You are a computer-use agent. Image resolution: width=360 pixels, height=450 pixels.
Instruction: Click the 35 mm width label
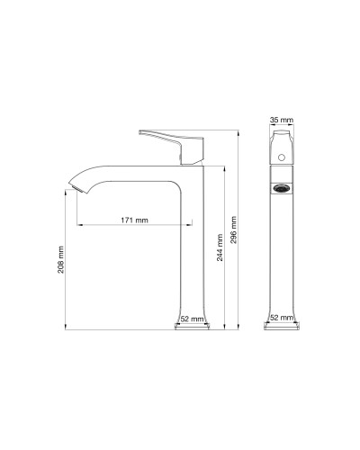(282, 118)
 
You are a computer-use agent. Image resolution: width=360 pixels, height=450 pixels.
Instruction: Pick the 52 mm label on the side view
(190, 318)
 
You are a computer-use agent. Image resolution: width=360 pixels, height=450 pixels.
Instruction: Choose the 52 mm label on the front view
(282, 318)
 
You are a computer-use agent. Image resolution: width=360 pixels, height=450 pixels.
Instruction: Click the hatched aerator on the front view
(283, 190)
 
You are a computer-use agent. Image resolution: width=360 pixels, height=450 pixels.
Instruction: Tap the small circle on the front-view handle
(283, 157)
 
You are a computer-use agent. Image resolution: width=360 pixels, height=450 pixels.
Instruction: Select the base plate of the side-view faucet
(191, 328)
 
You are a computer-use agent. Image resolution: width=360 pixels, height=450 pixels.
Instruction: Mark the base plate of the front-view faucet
(282, 328)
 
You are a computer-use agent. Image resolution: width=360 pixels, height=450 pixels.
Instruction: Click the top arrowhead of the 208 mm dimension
(69, 192)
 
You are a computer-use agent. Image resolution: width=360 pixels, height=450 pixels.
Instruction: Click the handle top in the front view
(282, 135)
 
